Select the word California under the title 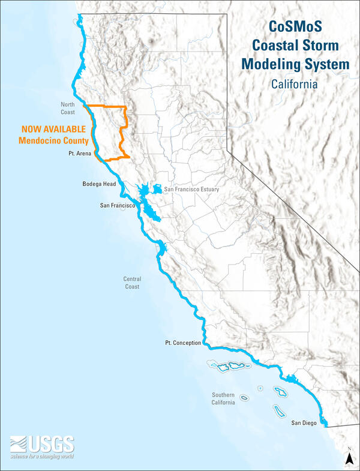293,84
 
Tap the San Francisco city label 120,206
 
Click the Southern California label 227,398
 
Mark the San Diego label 305,423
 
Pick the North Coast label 68,108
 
